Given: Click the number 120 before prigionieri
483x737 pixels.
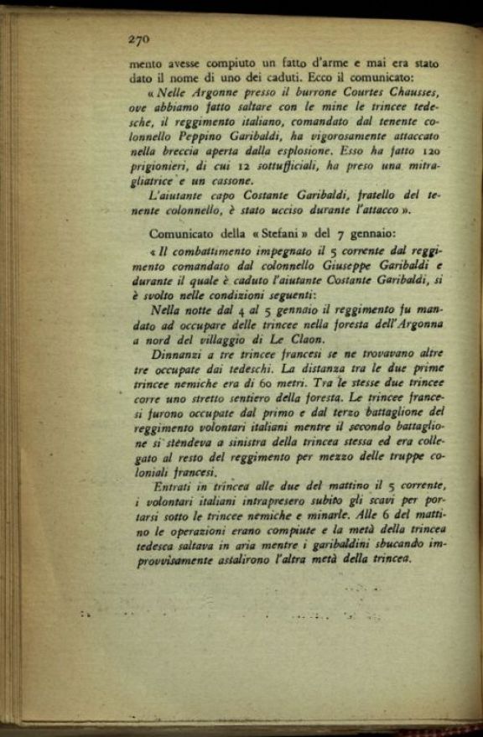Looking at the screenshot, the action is point(428,152).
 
